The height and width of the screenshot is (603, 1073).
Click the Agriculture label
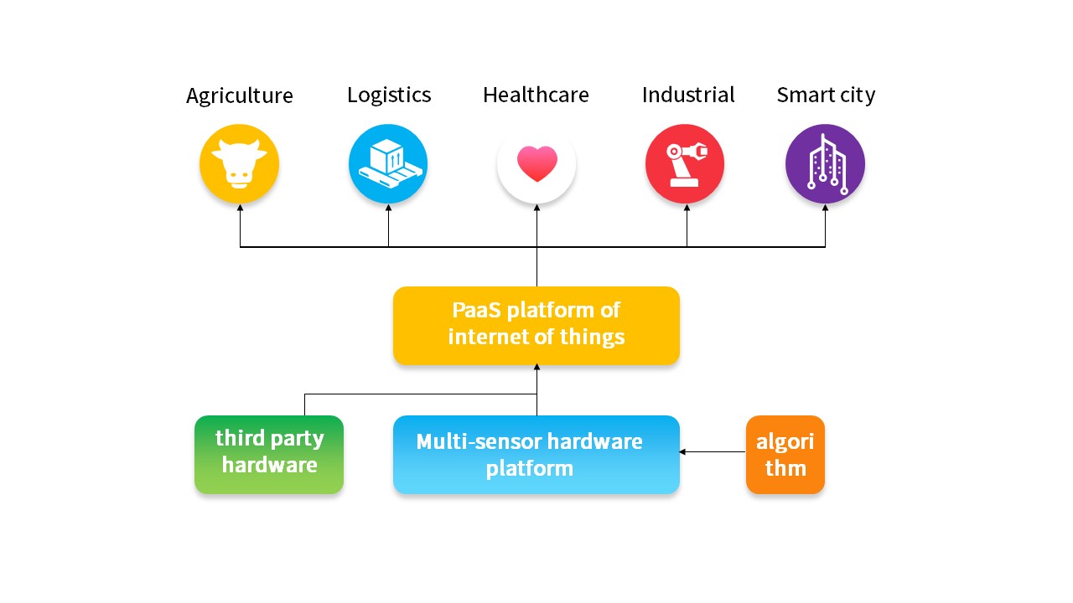pos(240,96)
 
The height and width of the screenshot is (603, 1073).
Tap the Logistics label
pos(389,95)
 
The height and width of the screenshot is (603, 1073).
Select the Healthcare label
pos(536,95)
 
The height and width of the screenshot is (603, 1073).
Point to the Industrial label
pos(688,95)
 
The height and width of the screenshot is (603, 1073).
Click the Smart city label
pos(826,95)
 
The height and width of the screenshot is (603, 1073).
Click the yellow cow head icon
pos(240,164)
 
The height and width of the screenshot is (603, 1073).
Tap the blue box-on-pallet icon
pos(388,164)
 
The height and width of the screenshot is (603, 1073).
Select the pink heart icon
pos(536,164)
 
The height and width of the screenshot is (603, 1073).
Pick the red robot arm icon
pos(685,164)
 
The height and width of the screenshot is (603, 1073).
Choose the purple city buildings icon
pos(825,164)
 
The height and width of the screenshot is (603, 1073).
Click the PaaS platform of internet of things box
pos(536,326)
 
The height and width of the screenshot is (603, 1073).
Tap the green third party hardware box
pos(269,454)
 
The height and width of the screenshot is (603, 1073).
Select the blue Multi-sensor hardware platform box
pos(536,454)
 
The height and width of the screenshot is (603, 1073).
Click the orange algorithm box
pos(785,454)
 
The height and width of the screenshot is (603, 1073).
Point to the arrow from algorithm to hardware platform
pos(713,452)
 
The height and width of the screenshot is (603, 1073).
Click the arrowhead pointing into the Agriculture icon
pos(241,208)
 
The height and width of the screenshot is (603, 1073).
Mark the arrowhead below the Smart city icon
pos(825,208)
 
